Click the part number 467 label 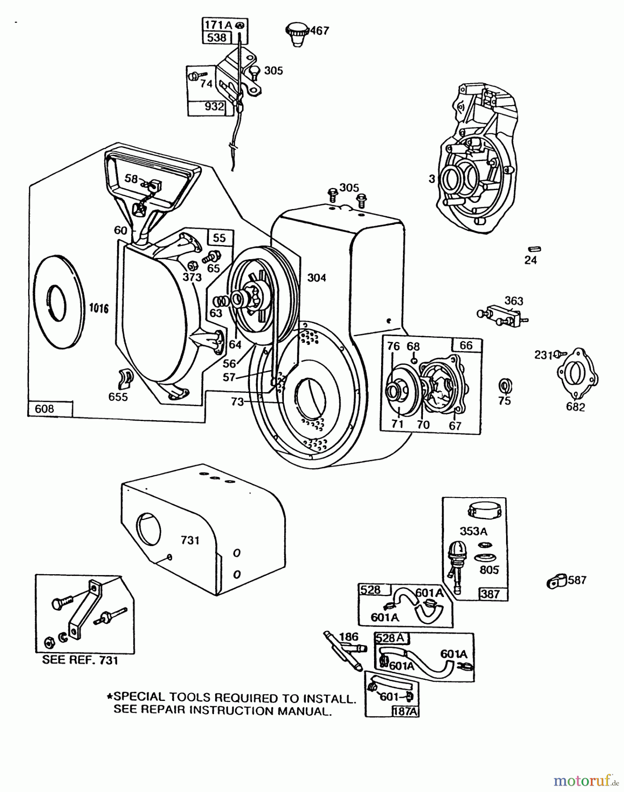[x=320, y=31]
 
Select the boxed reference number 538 [x=217, y=38]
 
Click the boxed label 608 [x=44, y=409]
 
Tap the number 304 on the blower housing [x=316, y=278]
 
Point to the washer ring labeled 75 [x=504, y=386]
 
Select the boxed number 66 [x=466, y=345]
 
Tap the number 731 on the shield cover [x=190, y=540]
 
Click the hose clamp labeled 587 [x=556, y=583]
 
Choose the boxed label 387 [x=490, y=594]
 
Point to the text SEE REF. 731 [x=80, y=660]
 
